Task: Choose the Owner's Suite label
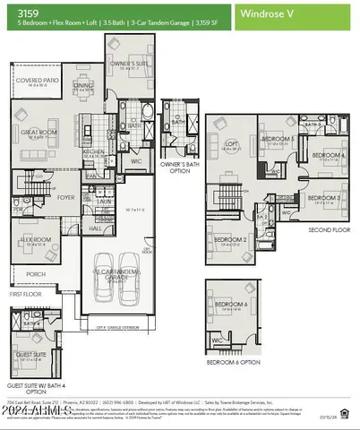point(130,64)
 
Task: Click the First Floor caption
point(27,293)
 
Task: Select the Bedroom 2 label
point(232,239)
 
